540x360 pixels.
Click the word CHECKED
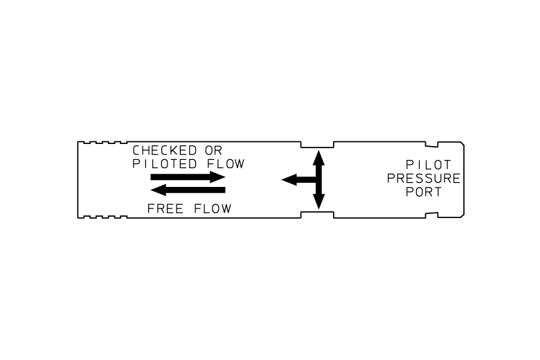[165, 150]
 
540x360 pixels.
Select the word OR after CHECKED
[213, 150]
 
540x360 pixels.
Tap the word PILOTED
[165, 163]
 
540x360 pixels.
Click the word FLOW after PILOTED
[226, 163]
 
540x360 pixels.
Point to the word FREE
[165, 208]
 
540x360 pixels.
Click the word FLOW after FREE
[213, 208]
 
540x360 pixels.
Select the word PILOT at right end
[429, 165]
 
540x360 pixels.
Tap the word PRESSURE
[424, 179]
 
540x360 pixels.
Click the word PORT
[424, 192]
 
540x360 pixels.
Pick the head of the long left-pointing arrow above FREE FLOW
[159, 190]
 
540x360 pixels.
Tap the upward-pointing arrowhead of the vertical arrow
[318, 158]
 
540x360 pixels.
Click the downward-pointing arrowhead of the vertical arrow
[318, 201]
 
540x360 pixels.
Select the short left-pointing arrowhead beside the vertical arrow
[289, 179]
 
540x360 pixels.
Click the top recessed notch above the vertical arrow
[317, 147]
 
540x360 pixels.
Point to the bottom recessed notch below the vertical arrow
[317, 213]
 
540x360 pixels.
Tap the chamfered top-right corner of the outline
[462, 143]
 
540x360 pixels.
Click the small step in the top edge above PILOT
[431, 144]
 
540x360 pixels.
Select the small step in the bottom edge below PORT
[431, 215]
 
